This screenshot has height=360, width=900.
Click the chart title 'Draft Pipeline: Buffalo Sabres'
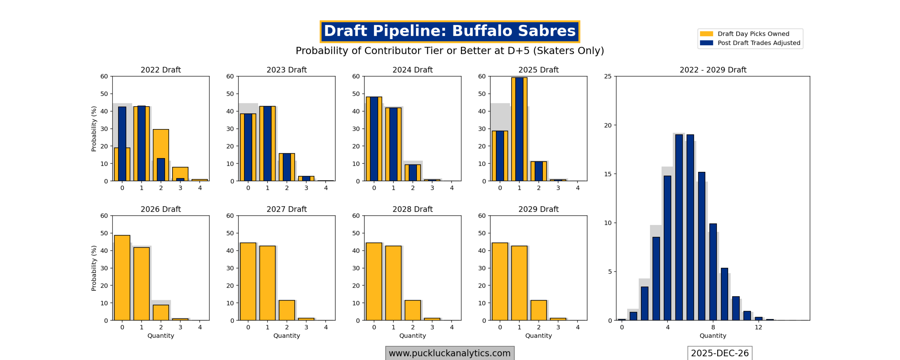tap(449, 31)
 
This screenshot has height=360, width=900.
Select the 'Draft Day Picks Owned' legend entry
tap(753, 34)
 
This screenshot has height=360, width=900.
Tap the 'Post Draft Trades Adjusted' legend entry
tap(758, 43)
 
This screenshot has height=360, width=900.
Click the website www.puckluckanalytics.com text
tap(449, 353)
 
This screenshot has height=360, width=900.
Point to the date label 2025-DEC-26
tap(719, 353)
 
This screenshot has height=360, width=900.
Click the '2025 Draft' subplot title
tap(538, 70)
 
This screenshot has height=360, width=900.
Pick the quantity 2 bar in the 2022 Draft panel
tap(161, 155)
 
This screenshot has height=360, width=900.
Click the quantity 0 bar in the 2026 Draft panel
tap(122, 277)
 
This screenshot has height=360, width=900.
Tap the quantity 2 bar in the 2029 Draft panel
tap(538, 310)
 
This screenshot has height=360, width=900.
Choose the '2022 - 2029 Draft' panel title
tap(713, 70)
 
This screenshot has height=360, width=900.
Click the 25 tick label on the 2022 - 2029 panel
tap(607, 76)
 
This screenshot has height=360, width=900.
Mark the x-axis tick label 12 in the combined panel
tap(758, 327)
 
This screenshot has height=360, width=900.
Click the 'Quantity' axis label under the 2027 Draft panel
tap(287, 336)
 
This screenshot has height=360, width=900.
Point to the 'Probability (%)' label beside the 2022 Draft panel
tap(94, 129)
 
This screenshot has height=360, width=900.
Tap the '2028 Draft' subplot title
tap(412, 209)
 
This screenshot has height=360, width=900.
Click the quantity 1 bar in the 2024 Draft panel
tap(393, 144)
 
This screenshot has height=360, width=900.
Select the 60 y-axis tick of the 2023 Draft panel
tap(230, 76)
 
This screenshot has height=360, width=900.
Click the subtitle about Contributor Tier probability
tap(449, 51)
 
